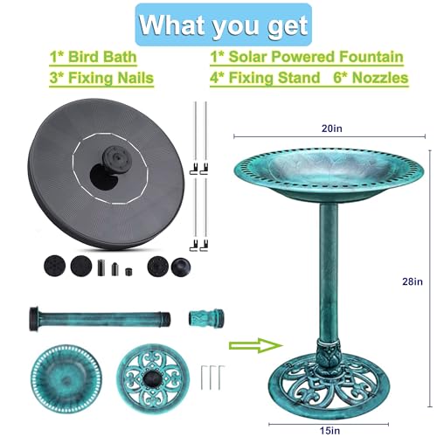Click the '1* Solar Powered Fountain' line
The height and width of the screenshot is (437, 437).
point(306,58)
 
